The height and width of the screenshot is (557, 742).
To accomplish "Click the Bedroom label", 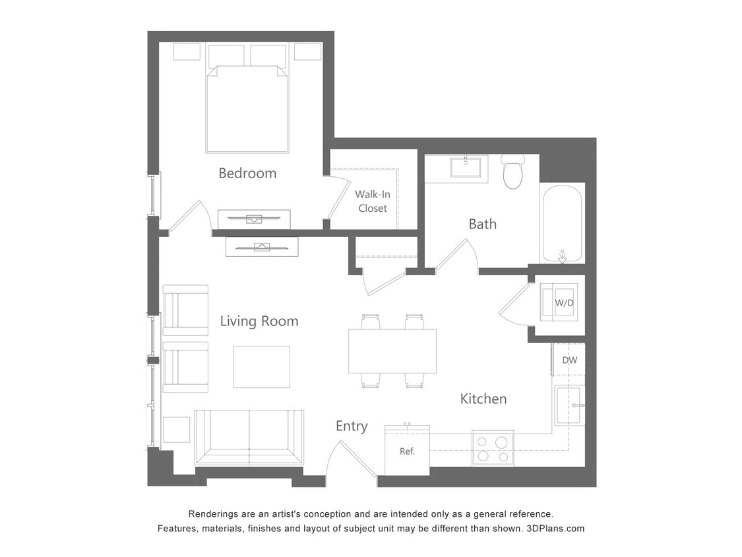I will [x=247, y=174].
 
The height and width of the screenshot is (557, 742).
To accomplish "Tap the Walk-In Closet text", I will [x=373, y=201].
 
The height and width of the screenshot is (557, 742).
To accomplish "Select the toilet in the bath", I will [x=512, y=172].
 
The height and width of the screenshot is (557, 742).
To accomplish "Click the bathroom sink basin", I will [x=466, y=167].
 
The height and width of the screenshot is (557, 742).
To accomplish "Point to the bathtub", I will [x=561, y=222].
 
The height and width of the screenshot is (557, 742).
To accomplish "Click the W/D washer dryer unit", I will [x=559, y=302].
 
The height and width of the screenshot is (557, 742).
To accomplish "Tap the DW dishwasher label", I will [x=570, y=360].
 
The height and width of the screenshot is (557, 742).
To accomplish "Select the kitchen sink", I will [x=569, y=405].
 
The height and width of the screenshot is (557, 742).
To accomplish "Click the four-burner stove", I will [x=493, y=449].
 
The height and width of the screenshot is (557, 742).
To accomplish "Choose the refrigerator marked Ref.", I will [x=407, y=451].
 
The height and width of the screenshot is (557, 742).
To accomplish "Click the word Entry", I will [x=352, y=426].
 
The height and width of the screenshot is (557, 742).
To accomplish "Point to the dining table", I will [x=392, y=351].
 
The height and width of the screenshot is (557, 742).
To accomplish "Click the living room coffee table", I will [x=261, y=367].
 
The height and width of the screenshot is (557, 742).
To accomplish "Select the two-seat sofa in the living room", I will [x=249, y=437].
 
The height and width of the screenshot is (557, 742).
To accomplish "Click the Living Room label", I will [x=259, y=321].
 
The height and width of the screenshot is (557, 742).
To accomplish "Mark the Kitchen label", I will [x=483, y=399].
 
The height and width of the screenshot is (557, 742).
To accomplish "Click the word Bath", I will [x=482, y=224].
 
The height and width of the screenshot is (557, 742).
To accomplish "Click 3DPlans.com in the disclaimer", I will [x=555, y=529].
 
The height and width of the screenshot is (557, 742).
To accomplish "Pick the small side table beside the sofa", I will [x=176, y=430].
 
